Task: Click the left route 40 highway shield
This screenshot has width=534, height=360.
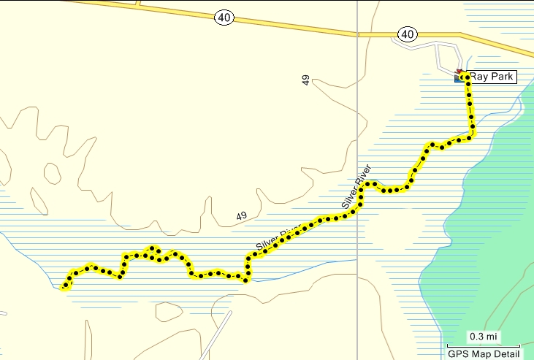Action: [224, 17]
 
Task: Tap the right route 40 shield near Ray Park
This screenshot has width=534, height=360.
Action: [408, 34]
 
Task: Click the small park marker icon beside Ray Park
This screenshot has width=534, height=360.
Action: [459, 75]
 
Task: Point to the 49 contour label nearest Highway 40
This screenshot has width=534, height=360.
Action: [306, 80]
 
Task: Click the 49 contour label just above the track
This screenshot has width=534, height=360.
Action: [242, 216]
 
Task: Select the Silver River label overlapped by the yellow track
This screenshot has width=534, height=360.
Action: [278, 237]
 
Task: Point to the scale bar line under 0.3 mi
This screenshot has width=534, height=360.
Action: [483, 345]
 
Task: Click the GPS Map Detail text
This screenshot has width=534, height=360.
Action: [483, 353]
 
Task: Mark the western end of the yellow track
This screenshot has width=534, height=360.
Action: [64, 287]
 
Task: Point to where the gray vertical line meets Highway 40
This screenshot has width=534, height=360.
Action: [357, 33]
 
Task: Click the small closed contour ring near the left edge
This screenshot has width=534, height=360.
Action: [52, 173]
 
